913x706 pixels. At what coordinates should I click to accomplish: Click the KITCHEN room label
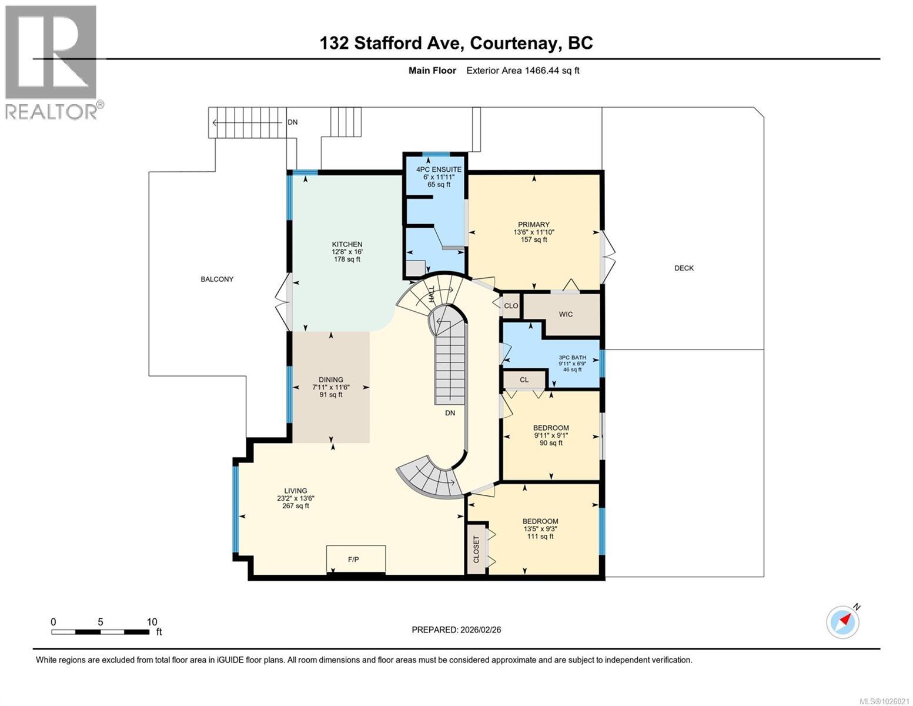click(347, 244)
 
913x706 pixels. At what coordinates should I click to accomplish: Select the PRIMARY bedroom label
click(534, 224)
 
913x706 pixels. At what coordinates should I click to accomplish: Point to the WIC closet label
click(566, 314)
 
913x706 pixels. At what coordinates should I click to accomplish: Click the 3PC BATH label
click(572, 357)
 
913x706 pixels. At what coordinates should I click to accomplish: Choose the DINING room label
click(331, 379)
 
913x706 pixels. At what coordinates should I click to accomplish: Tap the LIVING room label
click(296, 491)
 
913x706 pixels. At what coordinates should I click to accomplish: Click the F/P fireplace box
click(353, 560)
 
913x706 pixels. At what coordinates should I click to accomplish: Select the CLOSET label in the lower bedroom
click(476, 548)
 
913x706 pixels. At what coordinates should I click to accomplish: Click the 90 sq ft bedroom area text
click(551, 442)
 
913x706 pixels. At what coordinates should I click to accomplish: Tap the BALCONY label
click(217, 279)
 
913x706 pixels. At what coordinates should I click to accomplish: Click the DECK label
click(684, 268)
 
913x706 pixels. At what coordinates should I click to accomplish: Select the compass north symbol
click(843, 621)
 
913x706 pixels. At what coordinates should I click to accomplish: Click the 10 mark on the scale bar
click(152, 622)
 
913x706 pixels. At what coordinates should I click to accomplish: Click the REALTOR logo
click(52, 62)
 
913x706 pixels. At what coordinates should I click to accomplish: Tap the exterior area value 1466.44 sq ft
click(523, 71)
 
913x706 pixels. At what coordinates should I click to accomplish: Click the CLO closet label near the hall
click(511, 306)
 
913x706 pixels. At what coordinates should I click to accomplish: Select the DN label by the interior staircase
click(450, 413)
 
